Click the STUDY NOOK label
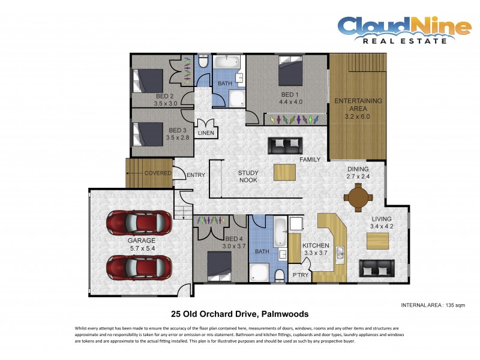[248, 176]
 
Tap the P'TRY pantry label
[299, 275]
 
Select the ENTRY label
[196, 175]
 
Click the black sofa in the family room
[286, 145]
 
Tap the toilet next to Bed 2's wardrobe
[203, 62]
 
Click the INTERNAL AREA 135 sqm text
[432, 305]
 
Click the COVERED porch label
[157, 173]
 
